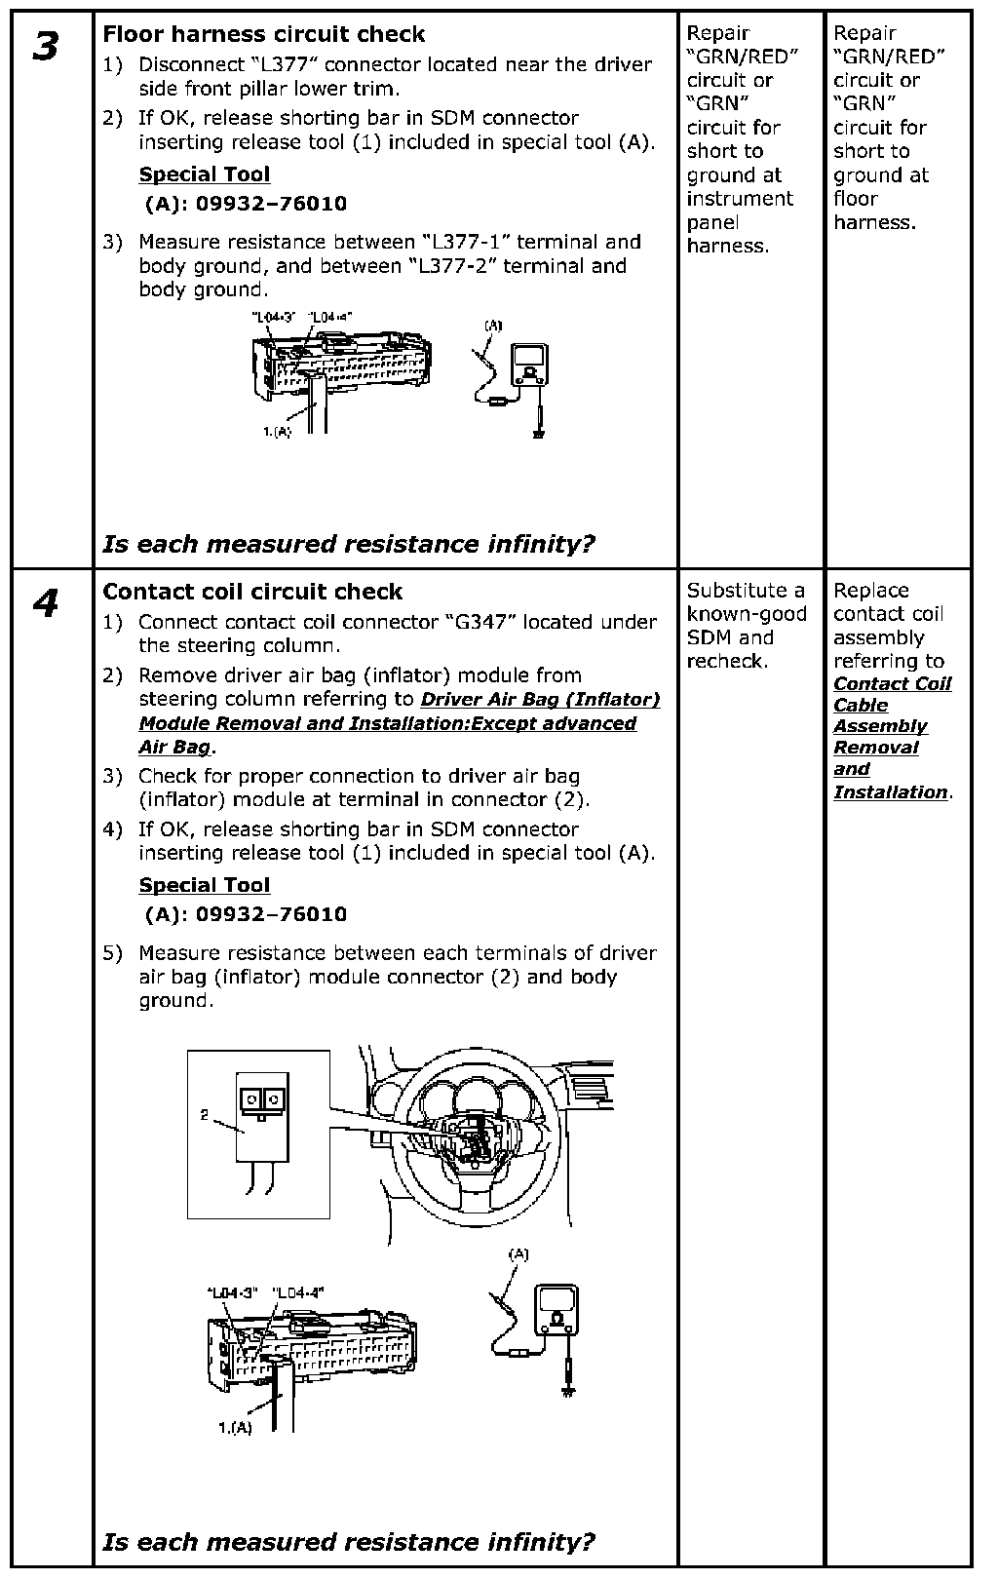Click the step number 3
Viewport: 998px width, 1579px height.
pos(45,47)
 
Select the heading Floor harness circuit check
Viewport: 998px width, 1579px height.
pos(264,34)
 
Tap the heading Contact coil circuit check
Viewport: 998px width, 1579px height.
pos(252,592)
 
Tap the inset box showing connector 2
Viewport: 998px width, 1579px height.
pos(258,1134)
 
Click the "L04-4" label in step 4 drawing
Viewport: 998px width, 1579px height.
pos(297,1292)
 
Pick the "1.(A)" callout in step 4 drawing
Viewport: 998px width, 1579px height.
pos(234,1428)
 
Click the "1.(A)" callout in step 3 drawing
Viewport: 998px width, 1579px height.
pos(277,431)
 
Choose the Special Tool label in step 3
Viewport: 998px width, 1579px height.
pos(205,174)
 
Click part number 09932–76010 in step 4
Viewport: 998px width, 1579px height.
pos(271,914)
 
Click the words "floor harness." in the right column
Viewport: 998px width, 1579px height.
pos(874,211)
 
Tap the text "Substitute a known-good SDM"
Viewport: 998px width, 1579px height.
pos(746,614)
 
